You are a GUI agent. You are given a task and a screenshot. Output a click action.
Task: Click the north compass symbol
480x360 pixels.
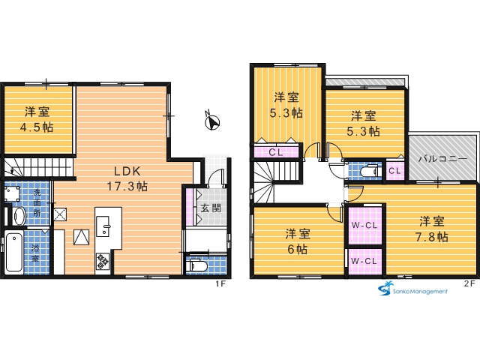click(x=211, y=121)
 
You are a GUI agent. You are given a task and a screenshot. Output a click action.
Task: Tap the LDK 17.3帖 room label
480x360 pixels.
click(x=127, y=178)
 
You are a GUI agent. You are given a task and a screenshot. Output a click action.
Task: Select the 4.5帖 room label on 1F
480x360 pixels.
click(x=37, y=119)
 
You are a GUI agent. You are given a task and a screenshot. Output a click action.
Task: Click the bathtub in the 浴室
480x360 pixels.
click(x=14, y=253)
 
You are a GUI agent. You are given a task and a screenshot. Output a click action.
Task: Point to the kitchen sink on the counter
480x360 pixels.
click(x=103, y=226)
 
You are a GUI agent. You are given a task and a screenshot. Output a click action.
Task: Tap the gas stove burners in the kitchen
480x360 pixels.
click(x=103, y=261)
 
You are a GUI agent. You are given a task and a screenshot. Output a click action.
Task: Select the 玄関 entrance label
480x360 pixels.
click(x=211, y=208)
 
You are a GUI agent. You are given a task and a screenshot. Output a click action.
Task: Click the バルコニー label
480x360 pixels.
click(x=443, y=158)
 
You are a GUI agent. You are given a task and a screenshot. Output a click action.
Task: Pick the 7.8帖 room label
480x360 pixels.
click(x=432, y=229)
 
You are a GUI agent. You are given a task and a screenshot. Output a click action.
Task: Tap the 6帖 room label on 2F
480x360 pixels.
click(x=298, y=241)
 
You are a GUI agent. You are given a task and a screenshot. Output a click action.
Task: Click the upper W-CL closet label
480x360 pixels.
click(x=364, y=225)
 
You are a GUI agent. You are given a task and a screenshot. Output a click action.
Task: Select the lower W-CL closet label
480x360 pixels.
click(x=364, y=261)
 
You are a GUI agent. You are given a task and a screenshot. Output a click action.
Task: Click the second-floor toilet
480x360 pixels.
click(x=370, y=171)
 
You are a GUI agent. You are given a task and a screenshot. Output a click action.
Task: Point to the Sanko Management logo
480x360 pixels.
click(x=413, y=288)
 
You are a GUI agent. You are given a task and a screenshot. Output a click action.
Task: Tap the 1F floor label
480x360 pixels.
click(x=220, y=283)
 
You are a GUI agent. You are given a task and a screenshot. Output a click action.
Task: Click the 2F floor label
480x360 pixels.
click(x=469, y=283)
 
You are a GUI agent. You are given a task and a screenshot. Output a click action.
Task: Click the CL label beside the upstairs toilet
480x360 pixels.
click(x=394, y=170)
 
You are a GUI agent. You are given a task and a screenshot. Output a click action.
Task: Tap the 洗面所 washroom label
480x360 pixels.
click(x=37, y=202)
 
